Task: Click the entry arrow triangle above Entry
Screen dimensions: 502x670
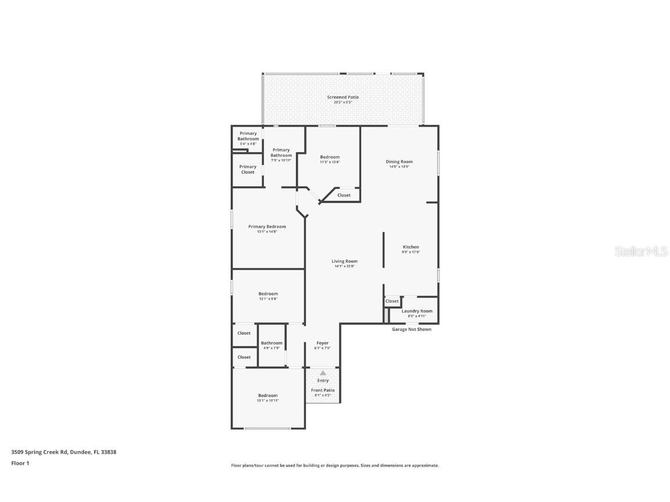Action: coord(323,372)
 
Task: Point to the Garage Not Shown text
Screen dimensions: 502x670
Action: coord(411,329)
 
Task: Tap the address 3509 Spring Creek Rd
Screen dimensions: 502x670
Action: coord(63,451)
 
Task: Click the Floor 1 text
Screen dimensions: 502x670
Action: coord(20,463)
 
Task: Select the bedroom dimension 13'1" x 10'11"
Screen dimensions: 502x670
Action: coord(268,401)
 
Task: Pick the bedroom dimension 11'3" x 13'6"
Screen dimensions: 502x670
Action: coord(330,162)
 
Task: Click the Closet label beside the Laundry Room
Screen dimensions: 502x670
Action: coord(392,301)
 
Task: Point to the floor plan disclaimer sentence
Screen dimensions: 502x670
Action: coord(334,465)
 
